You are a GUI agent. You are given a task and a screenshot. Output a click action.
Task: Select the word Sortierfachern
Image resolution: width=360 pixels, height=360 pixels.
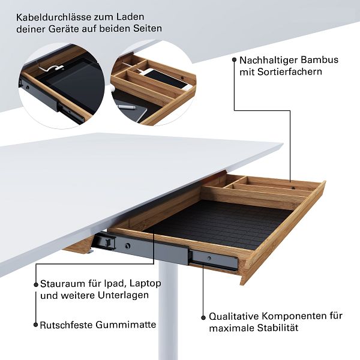coord(290,71)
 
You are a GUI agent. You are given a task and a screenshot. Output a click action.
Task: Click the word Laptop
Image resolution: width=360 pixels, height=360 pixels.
coord(145,284)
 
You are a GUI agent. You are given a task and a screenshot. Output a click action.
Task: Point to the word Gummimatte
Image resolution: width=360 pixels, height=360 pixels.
coord(126,325)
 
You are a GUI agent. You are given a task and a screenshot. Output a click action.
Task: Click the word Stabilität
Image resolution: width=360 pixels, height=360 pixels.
coord(278,328)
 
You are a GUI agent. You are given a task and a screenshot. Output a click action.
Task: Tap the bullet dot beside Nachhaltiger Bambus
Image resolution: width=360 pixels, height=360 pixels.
coord(234,59)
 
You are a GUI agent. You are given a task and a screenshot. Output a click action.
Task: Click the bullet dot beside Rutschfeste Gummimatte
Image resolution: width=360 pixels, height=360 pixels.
coord(35,325)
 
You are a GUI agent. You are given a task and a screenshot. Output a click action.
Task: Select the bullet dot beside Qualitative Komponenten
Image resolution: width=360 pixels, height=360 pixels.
coord(203,317)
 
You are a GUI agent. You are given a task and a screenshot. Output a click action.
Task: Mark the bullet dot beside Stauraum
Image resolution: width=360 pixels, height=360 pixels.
coord(36,284)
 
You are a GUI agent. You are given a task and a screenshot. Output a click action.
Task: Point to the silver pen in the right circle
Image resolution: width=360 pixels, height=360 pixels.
coord(126,107)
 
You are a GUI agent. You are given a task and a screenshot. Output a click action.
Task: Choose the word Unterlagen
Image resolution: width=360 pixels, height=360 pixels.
coord(123,295)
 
